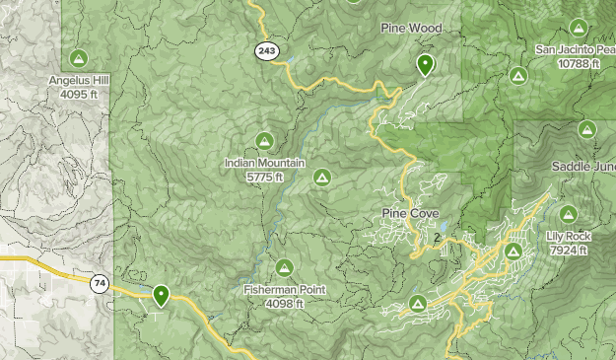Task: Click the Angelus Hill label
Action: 81,81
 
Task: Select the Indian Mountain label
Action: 264,164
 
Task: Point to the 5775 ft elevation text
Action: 265,177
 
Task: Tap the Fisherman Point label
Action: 285,290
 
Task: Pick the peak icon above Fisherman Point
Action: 285,267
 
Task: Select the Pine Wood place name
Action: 411,29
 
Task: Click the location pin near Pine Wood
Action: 425,65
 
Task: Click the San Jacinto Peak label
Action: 576,48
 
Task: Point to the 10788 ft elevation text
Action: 579,62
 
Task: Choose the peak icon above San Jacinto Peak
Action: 577,28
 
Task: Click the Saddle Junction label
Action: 583,165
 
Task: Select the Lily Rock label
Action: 567,237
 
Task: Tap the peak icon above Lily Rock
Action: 568,214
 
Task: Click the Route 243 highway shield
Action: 265,50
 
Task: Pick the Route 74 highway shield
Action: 100,284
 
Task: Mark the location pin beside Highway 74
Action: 161,293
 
